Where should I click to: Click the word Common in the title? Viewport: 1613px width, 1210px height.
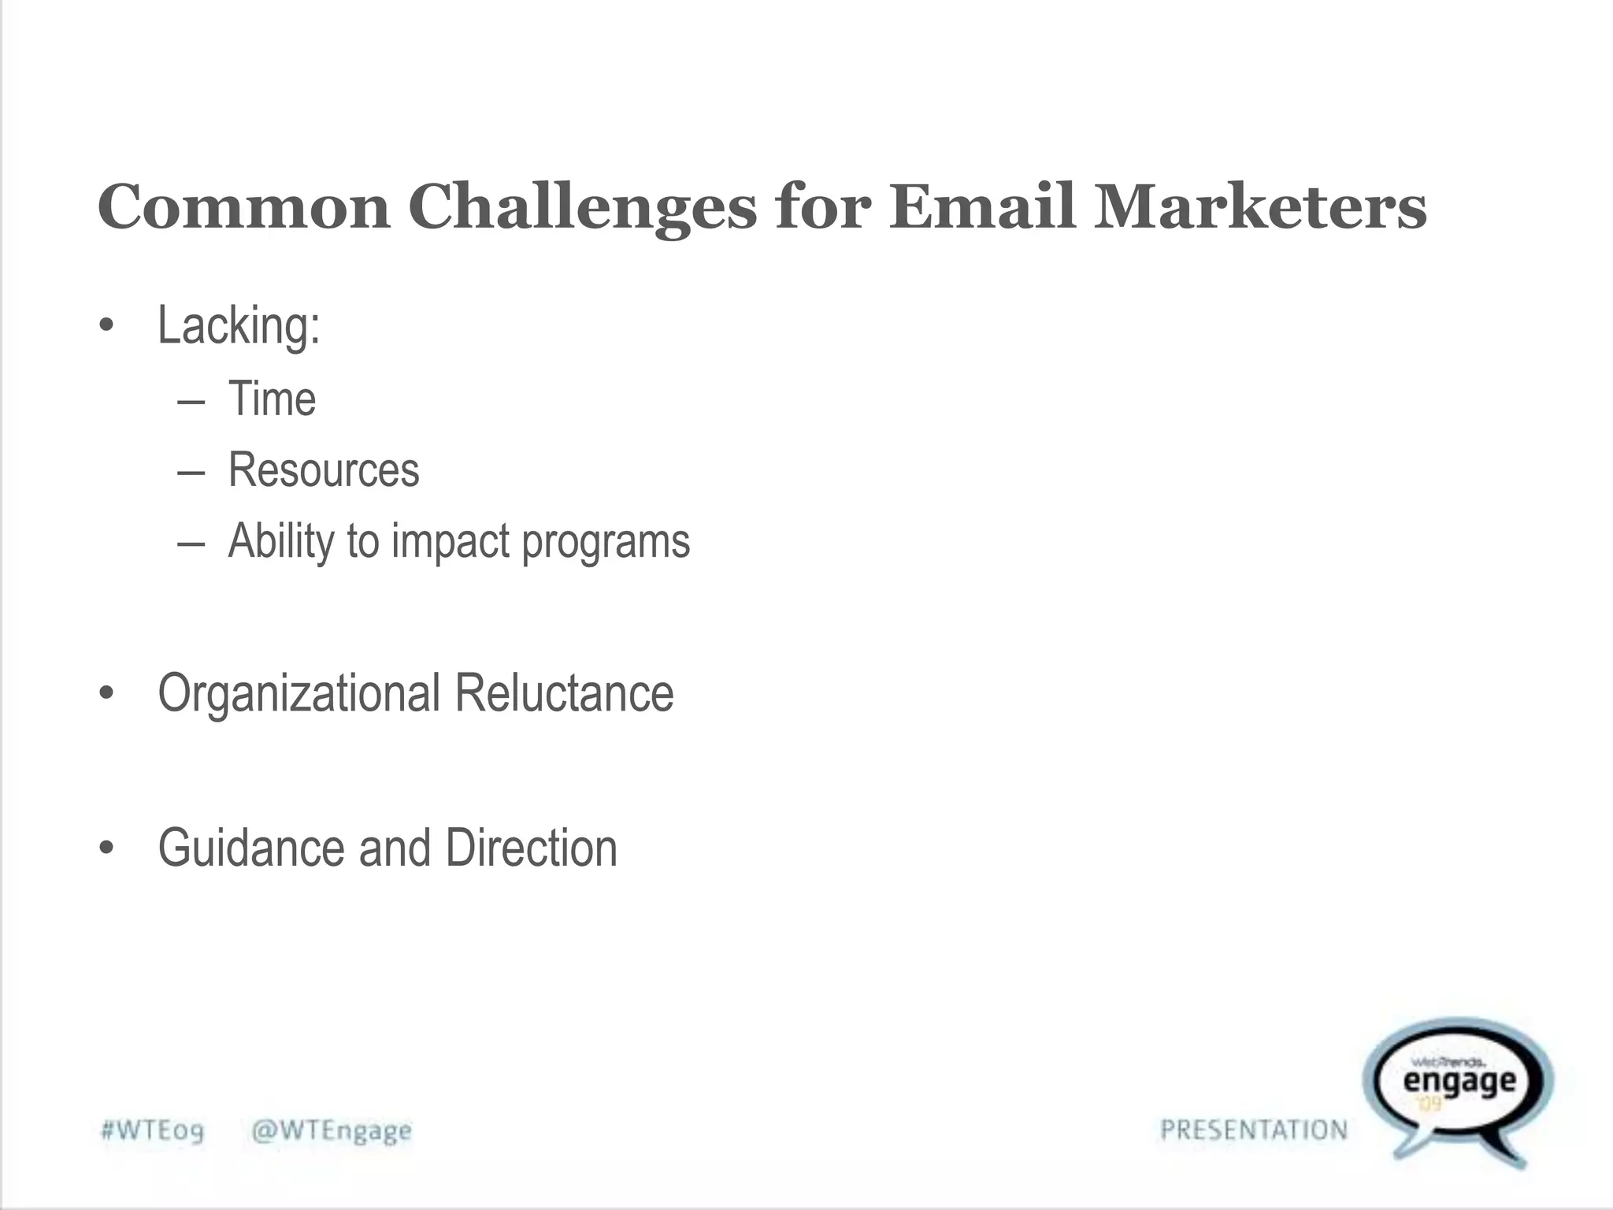243,206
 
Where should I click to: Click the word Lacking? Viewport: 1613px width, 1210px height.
238,325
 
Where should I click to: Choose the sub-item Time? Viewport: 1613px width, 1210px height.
272,399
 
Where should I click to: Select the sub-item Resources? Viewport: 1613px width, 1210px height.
324,470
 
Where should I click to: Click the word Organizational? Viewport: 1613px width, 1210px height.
299,693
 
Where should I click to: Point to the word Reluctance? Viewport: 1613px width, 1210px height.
564,693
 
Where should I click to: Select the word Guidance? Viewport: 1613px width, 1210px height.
251,848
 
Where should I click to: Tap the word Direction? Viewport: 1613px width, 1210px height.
531,848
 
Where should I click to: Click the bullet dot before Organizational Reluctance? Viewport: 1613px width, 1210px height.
107,694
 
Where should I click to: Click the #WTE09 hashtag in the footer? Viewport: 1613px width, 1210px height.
152,1131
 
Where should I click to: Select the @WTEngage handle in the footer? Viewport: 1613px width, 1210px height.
331,1131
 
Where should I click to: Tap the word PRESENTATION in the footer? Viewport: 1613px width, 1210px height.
1254,1130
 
